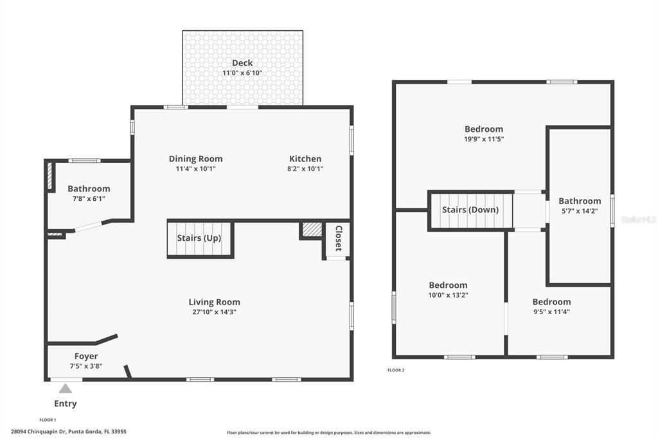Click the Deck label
(x=242, y=62)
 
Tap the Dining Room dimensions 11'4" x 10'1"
(x=195, y=169)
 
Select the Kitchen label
(x=305, y=159)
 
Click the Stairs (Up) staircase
(x=199, y=238)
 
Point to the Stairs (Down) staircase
(x=470, y=210)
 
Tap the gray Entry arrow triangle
(x=65, y=388)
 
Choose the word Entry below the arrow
(x=65, y=404)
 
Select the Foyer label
(x=86, y=356)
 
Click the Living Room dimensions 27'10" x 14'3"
(x=214, y=312)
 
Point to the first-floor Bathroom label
(x=89, y=189)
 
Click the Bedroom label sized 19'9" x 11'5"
(x=484, y=129)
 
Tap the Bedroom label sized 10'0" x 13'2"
(x=448, y=285)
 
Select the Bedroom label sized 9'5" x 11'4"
(x=551, y=302)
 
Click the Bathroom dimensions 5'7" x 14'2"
(x=580, y=210)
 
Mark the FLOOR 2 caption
(x=396, y=370)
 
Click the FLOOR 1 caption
(x=48, y=420)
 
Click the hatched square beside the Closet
(x=312, y=230)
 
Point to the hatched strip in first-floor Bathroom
(x=49, y=176)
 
